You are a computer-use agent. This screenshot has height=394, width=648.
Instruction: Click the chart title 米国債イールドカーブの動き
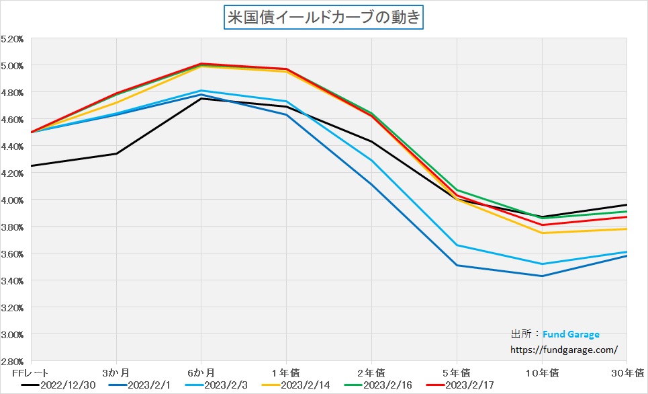pos(324,17)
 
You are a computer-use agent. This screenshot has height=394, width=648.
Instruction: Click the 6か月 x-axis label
pos(201,372)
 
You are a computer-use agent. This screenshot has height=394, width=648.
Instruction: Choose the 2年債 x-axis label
pos(371,372)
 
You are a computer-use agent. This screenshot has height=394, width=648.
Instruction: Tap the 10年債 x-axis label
pos(542,372)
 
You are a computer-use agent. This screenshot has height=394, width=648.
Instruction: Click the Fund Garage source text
pos(571,334)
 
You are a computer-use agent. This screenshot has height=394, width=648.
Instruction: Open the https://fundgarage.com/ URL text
pos(564,350)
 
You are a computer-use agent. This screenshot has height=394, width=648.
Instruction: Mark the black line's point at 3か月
pos(116,154)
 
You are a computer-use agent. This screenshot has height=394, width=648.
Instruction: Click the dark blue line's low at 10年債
pos(542,276)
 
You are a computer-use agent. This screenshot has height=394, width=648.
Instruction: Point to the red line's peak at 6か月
pos(201,64)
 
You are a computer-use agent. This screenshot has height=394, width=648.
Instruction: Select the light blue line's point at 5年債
pos(457,245)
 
